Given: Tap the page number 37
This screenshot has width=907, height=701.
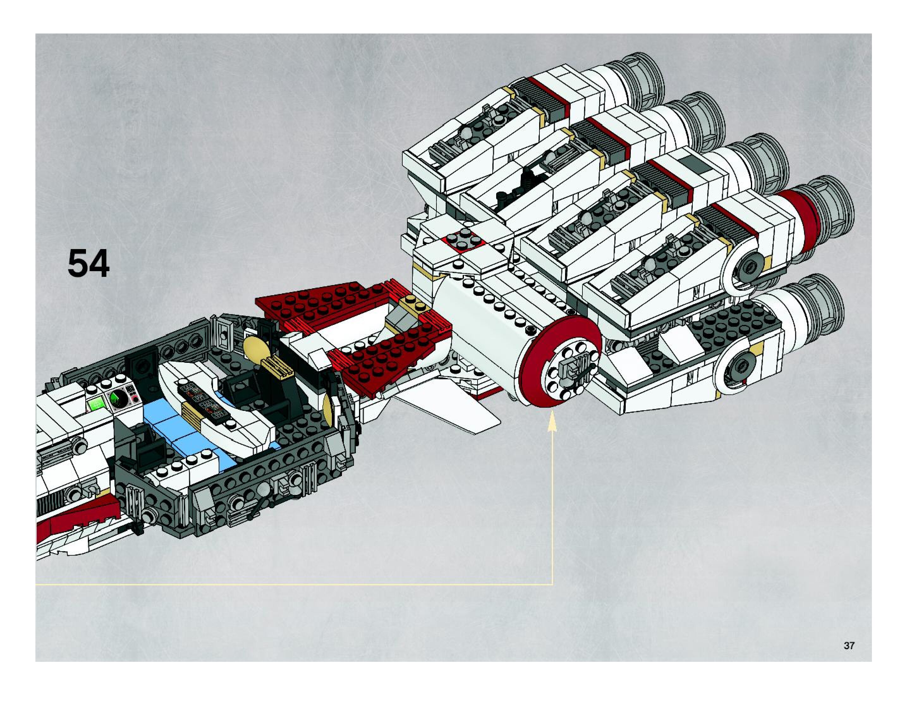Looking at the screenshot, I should pos(849,645).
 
